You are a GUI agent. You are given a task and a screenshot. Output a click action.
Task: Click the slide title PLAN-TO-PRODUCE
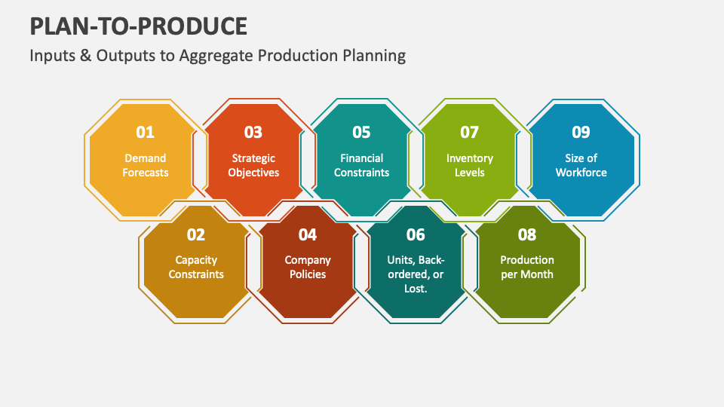139,26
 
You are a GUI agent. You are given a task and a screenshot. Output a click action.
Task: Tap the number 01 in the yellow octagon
145,133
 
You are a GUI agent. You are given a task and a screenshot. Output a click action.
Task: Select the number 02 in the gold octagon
196,235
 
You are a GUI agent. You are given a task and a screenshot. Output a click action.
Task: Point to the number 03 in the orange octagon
253,133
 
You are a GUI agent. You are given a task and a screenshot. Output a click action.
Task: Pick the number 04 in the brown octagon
308,235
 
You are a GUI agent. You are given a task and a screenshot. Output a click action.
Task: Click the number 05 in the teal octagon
361,133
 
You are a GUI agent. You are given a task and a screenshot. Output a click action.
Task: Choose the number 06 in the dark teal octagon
416,235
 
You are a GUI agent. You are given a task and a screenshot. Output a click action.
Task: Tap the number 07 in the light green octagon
470,133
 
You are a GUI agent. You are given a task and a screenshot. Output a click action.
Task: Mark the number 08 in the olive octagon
527,235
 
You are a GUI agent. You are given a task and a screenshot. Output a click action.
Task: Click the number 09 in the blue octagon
581,133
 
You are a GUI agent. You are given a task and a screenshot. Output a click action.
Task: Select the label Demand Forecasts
145,166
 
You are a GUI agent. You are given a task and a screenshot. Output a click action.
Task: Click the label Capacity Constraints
196,268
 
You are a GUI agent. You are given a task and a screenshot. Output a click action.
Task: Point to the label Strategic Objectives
253,166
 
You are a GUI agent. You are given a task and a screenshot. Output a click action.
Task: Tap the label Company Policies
308,268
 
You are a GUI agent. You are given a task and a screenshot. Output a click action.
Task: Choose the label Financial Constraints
361,166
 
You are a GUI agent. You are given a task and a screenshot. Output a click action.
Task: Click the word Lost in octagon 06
415,289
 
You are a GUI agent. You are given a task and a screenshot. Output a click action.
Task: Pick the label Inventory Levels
470,166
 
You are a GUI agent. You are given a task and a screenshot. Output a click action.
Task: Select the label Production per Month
527,268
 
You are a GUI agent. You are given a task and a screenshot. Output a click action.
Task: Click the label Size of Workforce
581,166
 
